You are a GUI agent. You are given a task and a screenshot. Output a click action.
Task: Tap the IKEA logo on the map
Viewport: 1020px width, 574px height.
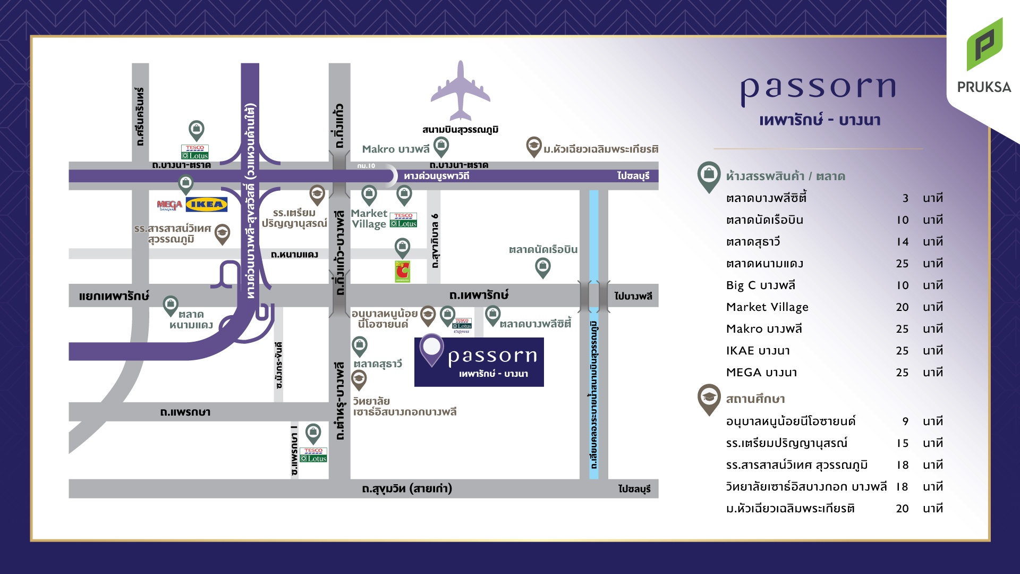pyautogui.click(x=207, y=204)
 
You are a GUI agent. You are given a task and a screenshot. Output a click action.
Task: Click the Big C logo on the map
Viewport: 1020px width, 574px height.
pyautogui.click(x=402, y=272)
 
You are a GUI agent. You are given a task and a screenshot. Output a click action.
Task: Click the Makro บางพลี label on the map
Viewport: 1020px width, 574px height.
pyautogui.click(x=395, y=149)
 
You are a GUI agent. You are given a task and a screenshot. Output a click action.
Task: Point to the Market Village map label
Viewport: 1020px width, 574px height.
pyautogui.click(x=369, y=218)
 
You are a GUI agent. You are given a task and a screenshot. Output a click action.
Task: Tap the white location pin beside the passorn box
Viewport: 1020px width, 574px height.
pyautogui.click(x=431, y=349)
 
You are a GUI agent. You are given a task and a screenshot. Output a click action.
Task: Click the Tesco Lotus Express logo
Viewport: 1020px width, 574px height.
pyautogui.click(x=462, y=326)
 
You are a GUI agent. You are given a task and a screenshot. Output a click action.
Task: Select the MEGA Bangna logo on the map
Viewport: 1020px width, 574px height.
pyautogui.click(x=169, y=205)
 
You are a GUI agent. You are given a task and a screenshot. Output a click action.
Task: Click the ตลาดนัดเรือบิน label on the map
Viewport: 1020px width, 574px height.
pyautogui.click(x=543, y=249)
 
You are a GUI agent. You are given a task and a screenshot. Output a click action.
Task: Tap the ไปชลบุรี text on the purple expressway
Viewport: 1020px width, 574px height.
pyautogui.click(x=633, y=176)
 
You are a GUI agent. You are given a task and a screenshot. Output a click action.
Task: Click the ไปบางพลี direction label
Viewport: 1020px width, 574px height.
pyautogui.click(x=633, y=296)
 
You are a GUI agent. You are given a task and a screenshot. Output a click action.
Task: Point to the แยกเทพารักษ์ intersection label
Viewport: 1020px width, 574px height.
pyautogui.click(x=114, y=296)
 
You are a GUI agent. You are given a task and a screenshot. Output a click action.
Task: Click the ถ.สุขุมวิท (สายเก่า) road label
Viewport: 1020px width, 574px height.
pyautogui.click(x=407, y=488)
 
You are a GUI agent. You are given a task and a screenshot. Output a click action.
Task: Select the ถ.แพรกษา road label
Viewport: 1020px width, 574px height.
pyautogui.click(x=185, y=412)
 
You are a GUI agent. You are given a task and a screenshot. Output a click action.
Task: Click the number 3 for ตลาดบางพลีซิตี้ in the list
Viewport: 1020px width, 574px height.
pyautogui.click(x=905, y=198)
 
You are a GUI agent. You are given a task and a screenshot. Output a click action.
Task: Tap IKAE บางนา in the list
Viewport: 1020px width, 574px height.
pyautogui.click(x=758, y=351)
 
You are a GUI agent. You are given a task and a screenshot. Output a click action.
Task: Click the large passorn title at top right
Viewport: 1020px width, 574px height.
pyautogui.click(x=819, y=89)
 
